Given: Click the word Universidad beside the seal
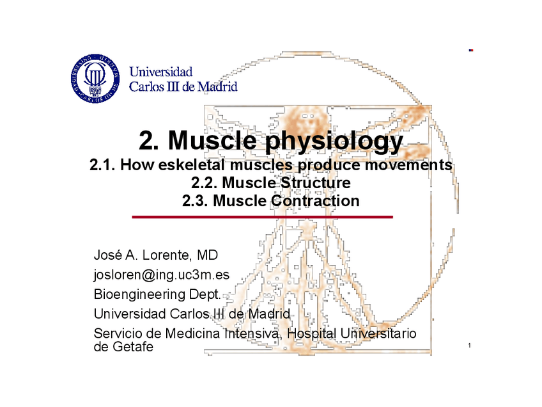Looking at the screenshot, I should tap(161, 72).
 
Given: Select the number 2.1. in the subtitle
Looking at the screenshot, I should tap(102, 166).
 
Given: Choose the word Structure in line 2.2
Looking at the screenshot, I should tap(316, 183).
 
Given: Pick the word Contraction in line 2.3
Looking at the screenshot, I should tap(315, 201).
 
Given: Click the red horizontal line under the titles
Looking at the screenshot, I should tap(262, 218).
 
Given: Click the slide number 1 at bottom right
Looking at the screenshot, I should tap(470, 347).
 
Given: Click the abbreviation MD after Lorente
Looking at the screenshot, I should tap(208, 256).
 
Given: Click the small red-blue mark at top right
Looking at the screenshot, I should tap(470, 49).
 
